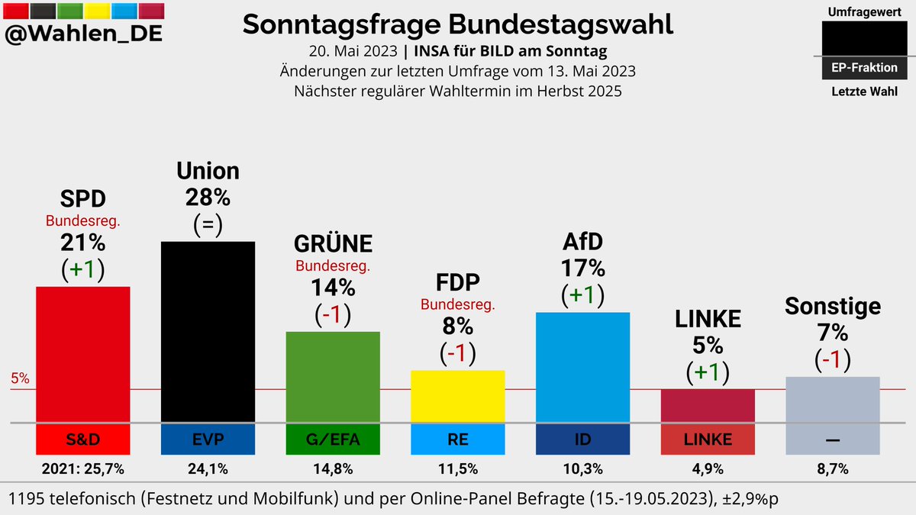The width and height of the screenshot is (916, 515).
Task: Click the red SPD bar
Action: point(83,354)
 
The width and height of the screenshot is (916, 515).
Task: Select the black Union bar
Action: point(208,331)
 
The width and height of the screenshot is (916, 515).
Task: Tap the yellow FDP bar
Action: point(458,396)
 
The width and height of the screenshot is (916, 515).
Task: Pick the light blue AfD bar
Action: point(582,367)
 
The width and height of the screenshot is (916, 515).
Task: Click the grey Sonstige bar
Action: point(832,399)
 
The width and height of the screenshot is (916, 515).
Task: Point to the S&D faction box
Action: point(83,439)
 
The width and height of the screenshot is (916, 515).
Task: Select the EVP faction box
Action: point(208,439)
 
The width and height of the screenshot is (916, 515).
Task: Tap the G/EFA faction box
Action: point(333,439)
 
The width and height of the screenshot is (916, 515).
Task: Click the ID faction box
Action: point(582,439)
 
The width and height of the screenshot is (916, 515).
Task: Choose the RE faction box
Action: point(458,439)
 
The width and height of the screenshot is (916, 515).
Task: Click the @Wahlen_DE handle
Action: point(83,34)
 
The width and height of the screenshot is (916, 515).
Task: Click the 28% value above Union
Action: point(208,198)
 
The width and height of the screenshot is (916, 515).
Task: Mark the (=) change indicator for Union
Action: point(208,225)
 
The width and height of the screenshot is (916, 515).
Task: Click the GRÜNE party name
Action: point(333,243)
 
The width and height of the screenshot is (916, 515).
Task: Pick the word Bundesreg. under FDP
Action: point(458,304)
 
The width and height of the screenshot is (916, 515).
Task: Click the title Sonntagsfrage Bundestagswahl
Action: point(458,24)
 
